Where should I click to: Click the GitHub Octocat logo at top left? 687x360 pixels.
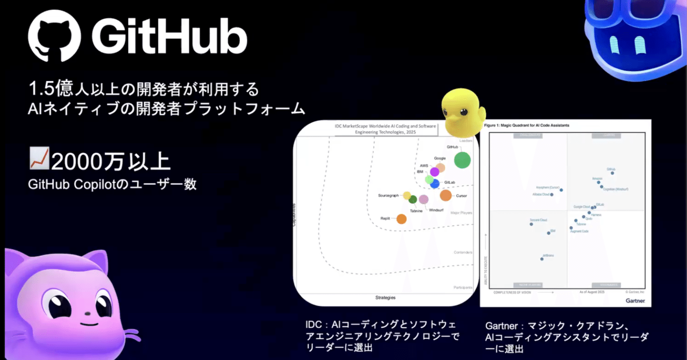(54, 36)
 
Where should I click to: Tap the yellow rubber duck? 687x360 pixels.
(462, 113)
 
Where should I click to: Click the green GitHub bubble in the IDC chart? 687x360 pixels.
(462, 160)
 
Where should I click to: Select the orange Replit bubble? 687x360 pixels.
(401, 219)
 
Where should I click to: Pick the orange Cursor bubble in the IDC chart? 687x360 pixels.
(446, 195)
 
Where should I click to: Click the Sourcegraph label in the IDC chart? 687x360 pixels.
(388, 195)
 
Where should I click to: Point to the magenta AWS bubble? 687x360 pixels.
(434, 172)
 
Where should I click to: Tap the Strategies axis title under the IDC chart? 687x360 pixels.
(385, 298)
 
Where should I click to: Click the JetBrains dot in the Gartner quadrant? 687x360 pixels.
(542, 259)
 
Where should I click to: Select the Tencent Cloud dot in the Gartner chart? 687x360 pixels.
(531, 224)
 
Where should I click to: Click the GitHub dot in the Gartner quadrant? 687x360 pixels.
(612, 173)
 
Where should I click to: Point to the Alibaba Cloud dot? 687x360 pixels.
(552, 195)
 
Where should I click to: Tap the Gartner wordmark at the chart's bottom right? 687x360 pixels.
(635, 301)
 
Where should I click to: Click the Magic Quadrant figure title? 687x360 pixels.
(526, 125)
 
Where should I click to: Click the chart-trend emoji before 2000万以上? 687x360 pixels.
(39, 159)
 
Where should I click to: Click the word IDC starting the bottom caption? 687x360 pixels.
(314, 325)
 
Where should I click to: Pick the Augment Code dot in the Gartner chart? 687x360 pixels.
(571, 228)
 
